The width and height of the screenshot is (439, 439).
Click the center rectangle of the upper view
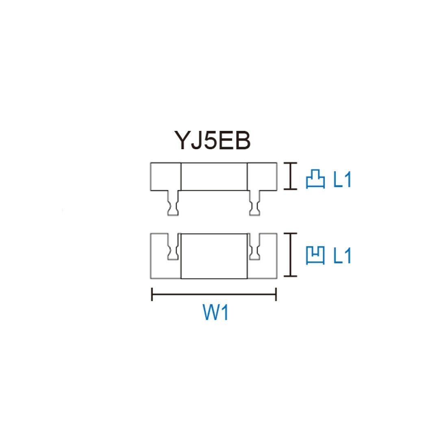[x=214, y=176]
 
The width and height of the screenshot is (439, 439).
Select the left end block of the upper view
[x=165, y=176]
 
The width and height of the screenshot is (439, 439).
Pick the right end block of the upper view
[x=262, y=176]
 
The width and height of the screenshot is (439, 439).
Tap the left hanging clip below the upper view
[x=173, y=203]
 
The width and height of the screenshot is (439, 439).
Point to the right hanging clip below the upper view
[x=255, y=203]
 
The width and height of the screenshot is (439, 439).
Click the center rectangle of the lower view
[x=214, y=256]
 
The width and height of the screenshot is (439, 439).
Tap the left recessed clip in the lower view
[x=173, y=248]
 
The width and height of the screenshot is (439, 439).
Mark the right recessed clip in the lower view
[x=255, y=248]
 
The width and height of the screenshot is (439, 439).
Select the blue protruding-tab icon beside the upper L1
[x=315, y=179]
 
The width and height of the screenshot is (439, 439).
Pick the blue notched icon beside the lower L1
[x=315, y=256]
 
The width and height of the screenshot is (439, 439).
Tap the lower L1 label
[x=342, y=256]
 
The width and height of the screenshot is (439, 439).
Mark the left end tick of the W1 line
[x=152, y=294]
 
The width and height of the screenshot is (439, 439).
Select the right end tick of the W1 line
[x=276, y=294]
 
